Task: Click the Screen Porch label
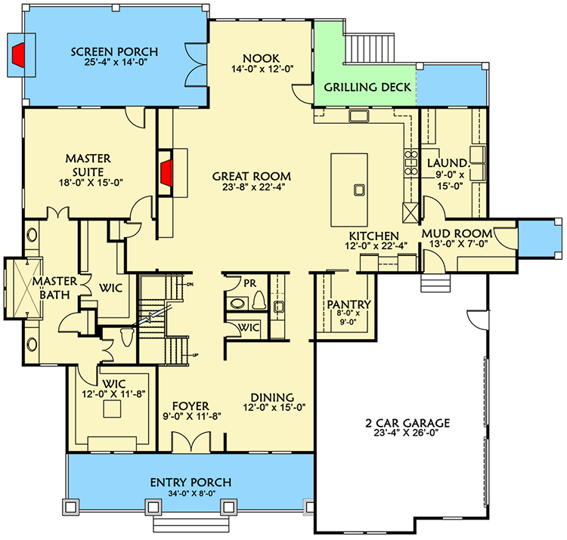point(115,51)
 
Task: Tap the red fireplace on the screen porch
point(19,54)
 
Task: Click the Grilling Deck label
point(367,88)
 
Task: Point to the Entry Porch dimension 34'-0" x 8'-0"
point(190,495)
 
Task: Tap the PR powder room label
point(248,285)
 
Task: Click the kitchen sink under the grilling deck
point(358,116)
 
